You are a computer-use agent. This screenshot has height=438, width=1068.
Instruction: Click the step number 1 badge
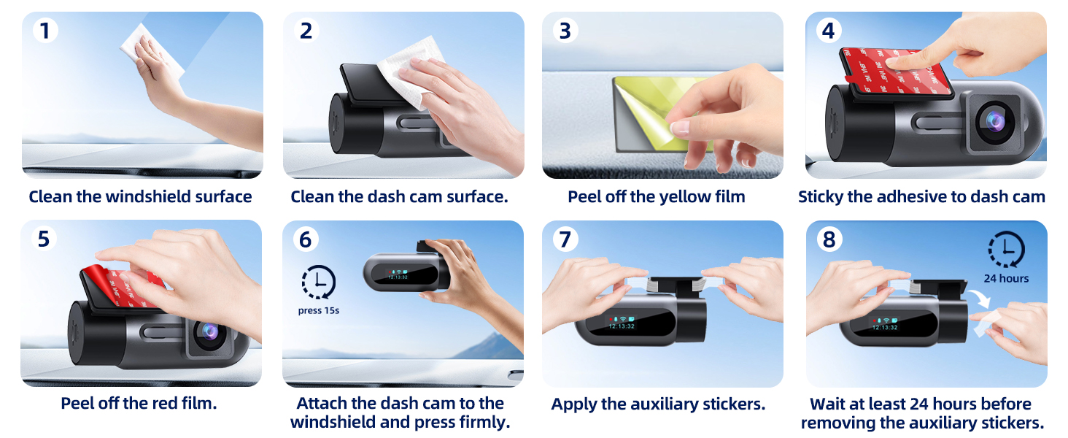(x=44, y=31)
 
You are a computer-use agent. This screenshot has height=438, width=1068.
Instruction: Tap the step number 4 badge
(x=827, y=31)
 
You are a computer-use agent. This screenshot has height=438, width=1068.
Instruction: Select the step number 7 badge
(x=564, y=239)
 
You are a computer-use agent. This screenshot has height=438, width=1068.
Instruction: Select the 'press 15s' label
(x=319, y=310)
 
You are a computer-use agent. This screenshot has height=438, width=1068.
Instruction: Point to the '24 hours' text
(x=1006, y=278)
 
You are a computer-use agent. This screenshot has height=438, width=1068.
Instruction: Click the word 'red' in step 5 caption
(x=165, y=403)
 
